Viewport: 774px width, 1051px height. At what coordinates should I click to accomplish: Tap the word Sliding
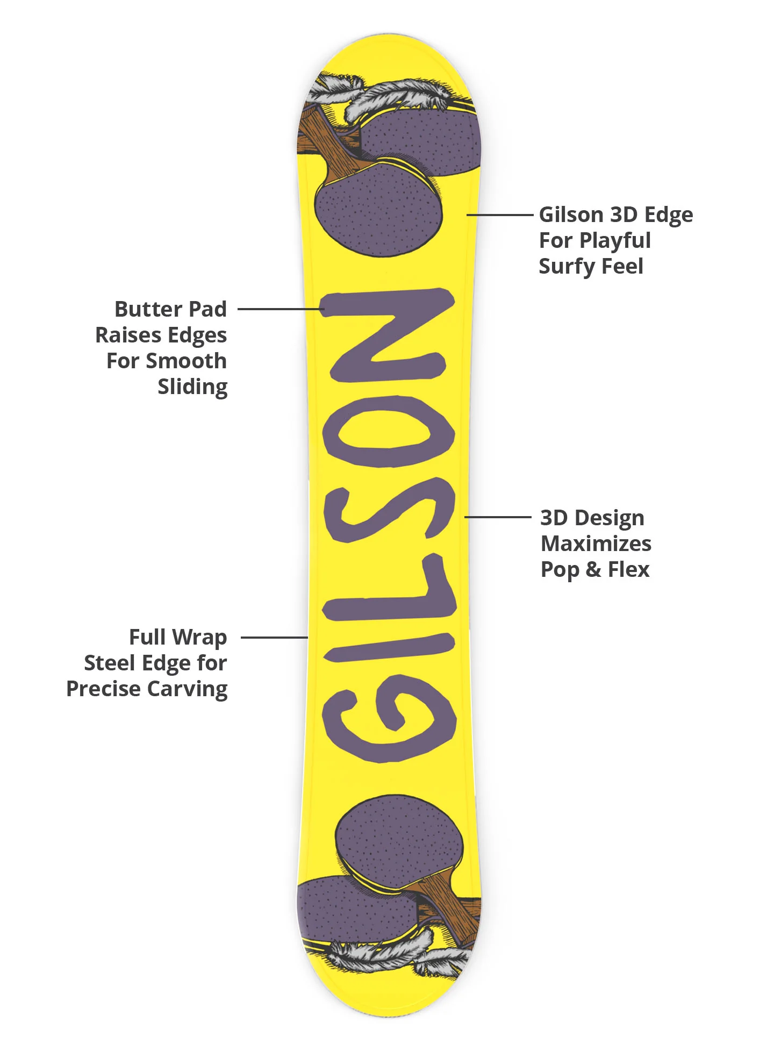click(x=192, y=387)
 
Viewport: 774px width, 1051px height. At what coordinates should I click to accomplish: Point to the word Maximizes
click(x=596, y=544)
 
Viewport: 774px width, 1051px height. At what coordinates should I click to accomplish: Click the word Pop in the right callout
click(x=560, y=570)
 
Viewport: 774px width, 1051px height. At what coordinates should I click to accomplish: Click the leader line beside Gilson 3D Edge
click(x=499, y=215)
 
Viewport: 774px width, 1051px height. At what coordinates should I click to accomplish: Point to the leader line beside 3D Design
click(x=498, y=517)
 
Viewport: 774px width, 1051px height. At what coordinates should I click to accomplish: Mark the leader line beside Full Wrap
click(x=274, y=638)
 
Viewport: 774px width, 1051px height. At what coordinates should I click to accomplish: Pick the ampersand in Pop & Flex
click(x=593, y=570)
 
